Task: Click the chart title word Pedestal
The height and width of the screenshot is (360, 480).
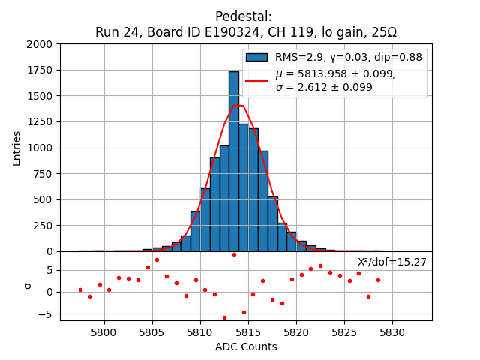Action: tap(243, 16)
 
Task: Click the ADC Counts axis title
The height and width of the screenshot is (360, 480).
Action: tap(246, 346)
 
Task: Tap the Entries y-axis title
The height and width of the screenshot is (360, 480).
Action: tap(17, 148)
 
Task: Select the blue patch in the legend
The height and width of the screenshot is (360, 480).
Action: tap(256, 58)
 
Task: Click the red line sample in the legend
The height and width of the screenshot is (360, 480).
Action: tap(256, 80)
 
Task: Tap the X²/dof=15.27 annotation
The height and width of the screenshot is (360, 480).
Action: tap(391, 262)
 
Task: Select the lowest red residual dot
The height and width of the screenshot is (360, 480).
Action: tap(224, 317)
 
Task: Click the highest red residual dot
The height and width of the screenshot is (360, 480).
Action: tap(234, 254)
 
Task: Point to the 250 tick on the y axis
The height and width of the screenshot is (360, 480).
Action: tap(45, 225)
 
